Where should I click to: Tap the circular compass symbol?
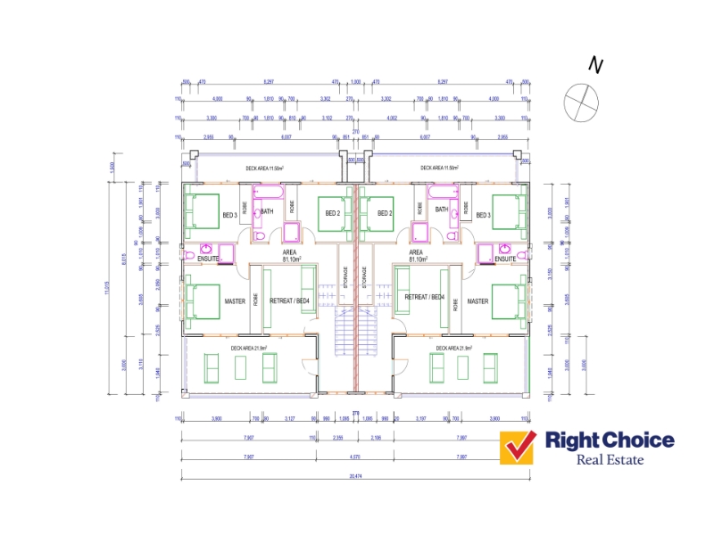click(x=579, y=100)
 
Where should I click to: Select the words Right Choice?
click(x=610, y=440)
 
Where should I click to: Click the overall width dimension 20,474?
click(x=355, y=477)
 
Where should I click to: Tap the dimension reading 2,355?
click(x=338, y=438)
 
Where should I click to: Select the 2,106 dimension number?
click(x=376, y=438)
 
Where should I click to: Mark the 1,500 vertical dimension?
click(x=112, y=167)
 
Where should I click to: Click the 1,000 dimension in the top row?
click(x=355, y=82)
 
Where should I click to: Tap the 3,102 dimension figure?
click(x=328, y=118)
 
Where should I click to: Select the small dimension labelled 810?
click(x=293, y=118)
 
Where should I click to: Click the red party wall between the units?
click(x=355, y=285)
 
